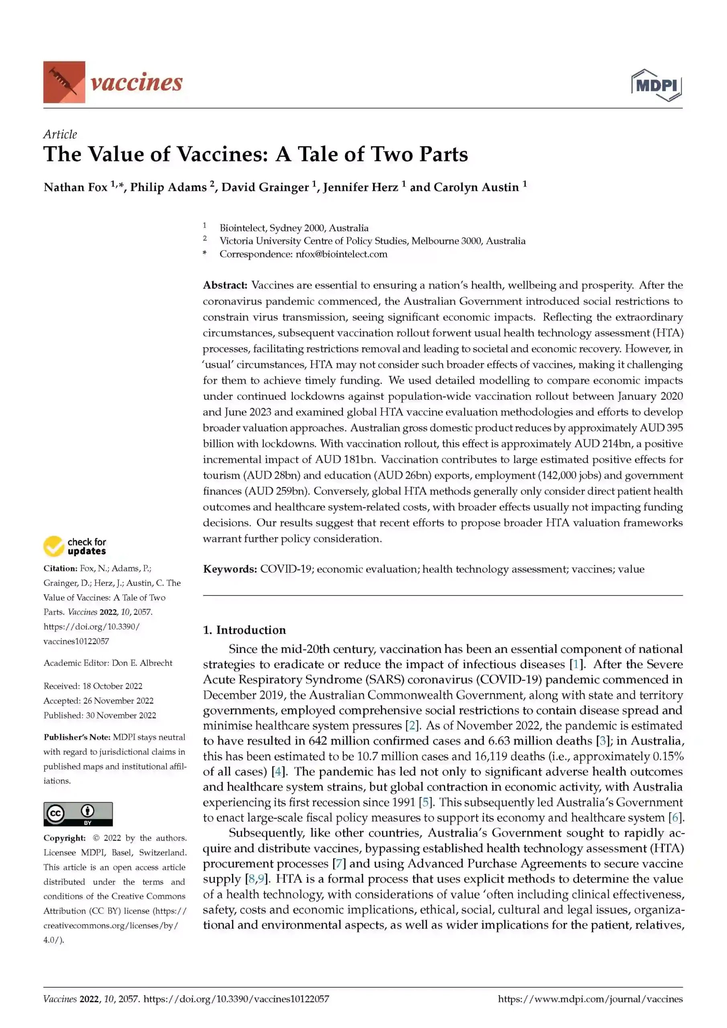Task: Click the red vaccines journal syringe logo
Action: click(64, 82)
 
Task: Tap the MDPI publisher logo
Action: click(656, 85)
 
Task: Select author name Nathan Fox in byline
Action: click(75, 187)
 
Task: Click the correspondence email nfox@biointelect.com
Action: click(341, 254)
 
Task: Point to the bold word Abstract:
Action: click(225, 285)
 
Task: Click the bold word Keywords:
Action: click(230, 569)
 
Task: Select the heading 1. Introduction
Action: click(244, 630)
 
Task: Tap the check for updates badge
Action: click(75, 546)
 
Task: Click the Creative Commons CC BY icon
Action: click(78, 814)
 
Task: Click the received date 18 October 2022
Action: click(112, 686)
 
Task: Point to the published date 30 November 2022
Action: click(121, 715)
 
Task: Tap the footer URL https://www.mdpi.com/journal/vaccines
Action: click(590, 999)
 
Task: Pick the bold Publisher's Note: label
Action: click(77, 737)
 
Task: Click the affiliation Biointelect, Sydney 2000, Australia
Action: click(294, 228)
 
